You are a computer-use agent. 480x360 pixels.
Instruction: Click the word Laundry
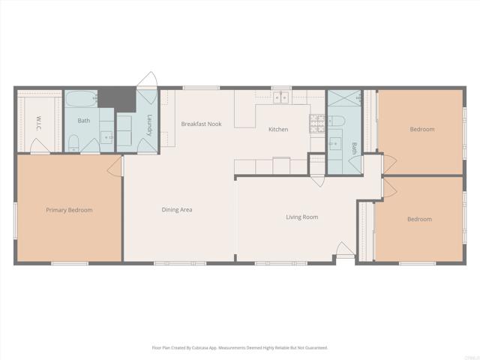[x=150, y=124]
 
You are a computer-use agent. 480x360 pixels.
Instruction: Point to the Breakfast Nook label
[x=201, y=124]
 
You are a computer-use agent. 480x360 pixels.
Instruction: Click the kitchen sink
[x=282, y=97]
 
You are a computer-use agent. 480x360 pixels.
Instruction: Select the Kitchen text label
[x=278, y=130]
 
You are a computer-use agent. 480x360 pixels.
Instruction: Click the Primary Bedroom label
[x=69, y=210]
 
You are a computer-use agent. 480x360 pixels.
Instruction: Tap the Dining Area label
[x=177, y=210]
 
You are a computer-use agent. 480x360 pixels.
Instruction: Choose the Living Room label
[x=301, y=217]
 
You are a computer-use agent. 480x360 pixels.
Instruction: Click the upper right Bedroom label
[x=421, y=129]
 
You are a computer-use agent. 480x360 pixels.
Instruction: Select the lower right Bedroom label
[x=419, y=219]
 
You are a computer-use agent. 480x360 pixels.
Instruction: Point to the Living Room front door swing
[x=343, y=250]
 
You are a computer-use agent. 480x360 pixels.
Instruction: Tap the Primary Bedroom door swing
[x=115, y=166]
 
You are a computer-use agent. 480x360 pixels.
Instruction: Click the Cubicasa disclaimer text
[x=240, y=348]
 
